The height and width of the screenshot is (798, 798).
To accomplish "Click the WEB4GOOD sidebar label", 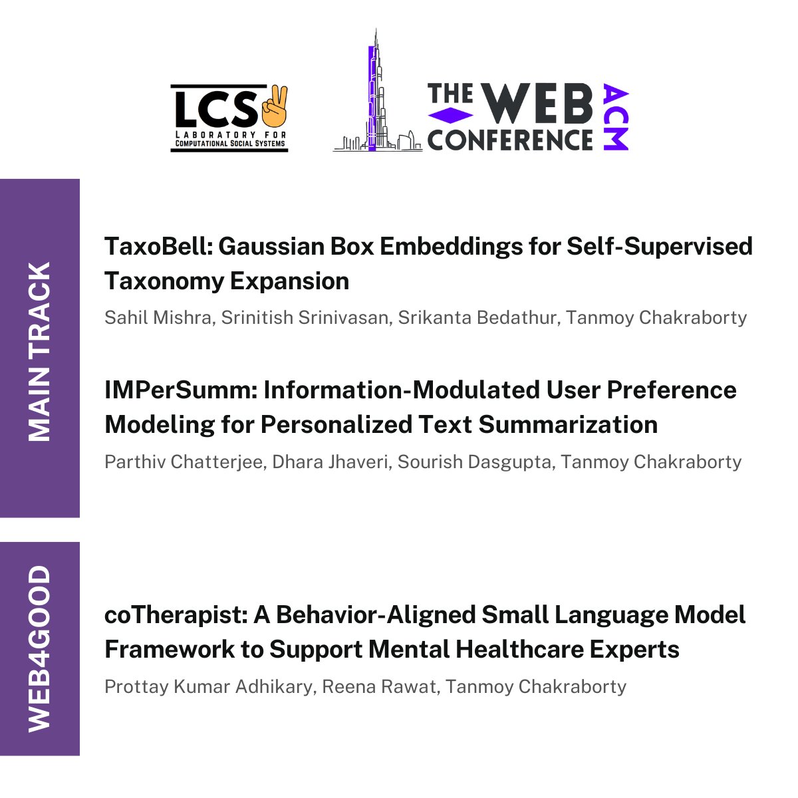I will point(40,648).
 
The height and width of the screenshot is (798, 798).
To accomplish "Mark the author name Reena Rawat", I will point(379,686).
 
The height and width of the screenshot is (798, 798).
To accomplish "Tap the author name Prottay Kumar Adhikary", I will point(208,686).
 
